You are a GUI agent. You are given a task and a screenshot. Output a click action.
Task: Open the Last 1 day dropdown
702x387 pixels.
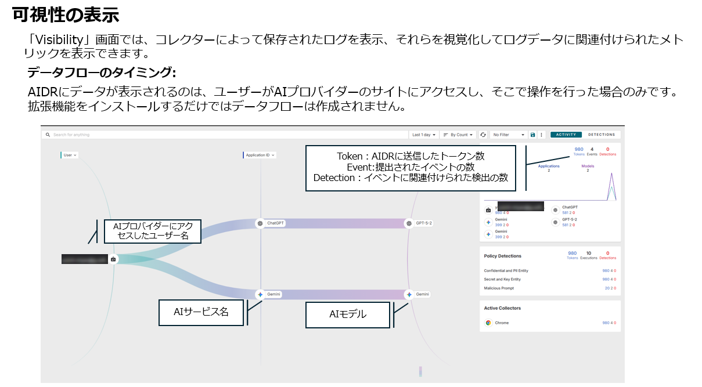point(423,135)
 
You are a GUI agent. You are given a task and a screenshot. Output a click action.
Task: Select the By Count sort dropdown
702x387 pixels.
point(458,135)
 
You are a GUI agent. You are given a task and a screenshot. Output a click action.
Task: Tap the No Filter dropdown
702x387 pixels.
point(508,135)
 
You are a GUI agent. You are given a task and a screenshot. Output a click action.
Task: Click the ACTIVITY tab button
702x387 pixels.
point(566,135)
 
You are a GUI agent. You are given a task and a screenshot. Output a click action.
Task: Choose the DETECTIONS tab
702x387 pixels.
point(602,135)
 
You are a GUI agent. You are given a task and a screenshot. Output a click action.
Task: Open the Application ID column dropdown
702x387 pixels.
point(260,155)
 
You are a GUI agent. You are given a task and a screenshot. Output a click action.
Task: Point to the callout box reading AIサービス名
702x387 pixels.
point(201,312)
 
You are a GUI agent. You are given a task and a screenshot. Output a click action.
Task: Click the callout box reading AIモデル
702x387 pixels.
point(348,314)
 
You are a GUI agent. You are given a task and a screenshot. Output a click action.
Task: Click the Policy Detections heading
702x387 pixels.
point(503,255)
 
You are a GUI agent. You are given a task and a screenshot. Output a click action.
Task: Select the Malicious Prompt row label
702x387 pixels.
point(499,288)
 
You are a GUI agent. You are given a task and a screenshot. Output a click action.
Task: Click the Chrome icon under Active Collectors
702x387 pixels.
point(488,323)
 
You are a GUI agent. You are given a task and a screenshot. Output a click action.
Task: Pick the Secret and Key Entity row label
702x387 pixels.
point(502,279)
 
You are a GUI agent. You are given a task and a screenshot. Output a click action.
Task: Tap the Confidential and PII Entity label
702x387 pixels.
point(506,270)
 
